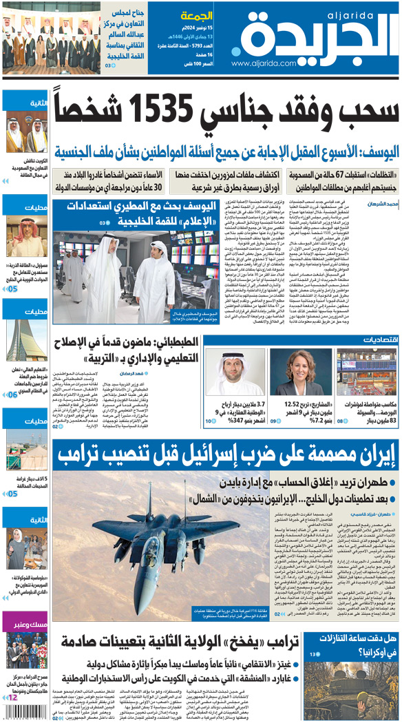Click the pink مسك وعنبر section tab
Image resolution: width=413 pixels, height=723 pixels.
click(26, 625)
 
